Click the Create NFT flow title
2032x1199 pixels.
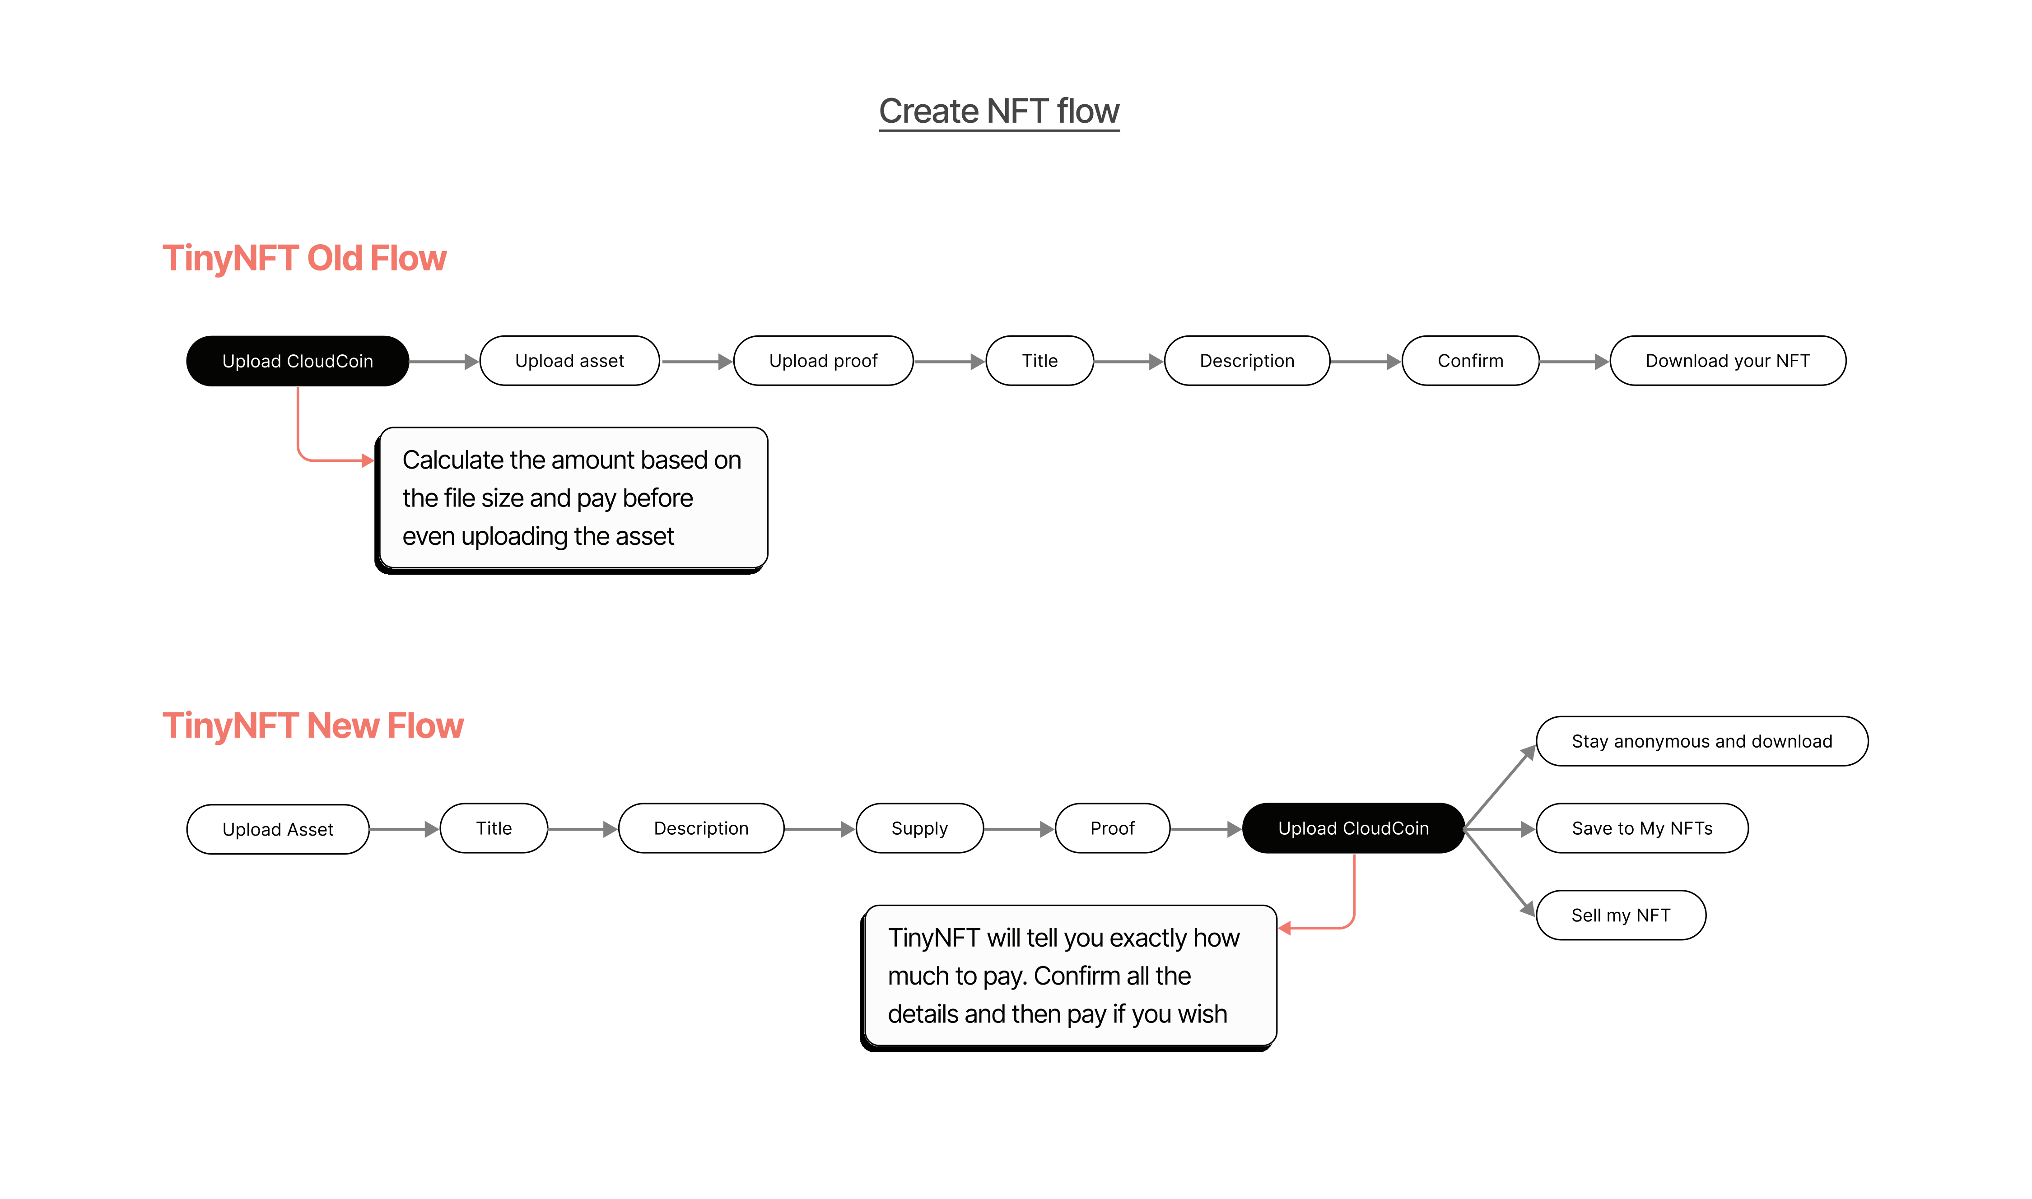pos(999,112)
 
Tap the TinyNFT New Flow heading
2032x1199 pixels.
pos(312,725)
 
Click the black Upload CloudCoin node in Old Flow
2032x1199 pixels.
pos(297,361)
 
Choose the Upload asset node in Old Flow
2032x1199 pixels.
pos(569,361)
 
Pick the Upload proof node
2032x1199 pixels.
pos(822,361)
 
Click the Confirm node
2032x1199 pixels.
pos(1470,361)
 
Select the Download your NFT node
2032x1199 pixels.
pos(1727,361)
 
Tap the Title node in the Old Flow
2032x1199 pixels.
pos(1039,361)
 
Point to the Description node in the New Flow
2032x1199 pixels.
pos(700,828)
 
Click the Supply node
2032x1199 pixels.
pos(918,828)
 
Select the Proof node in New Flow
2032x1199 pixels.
pos(1112,828)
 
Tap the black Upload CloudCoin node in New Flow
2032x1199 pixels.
pos(1352,828)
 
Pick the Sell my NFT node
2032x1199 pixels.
pos(1620,916)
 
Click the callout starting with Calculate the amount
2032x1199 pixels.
pos(572,498)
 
